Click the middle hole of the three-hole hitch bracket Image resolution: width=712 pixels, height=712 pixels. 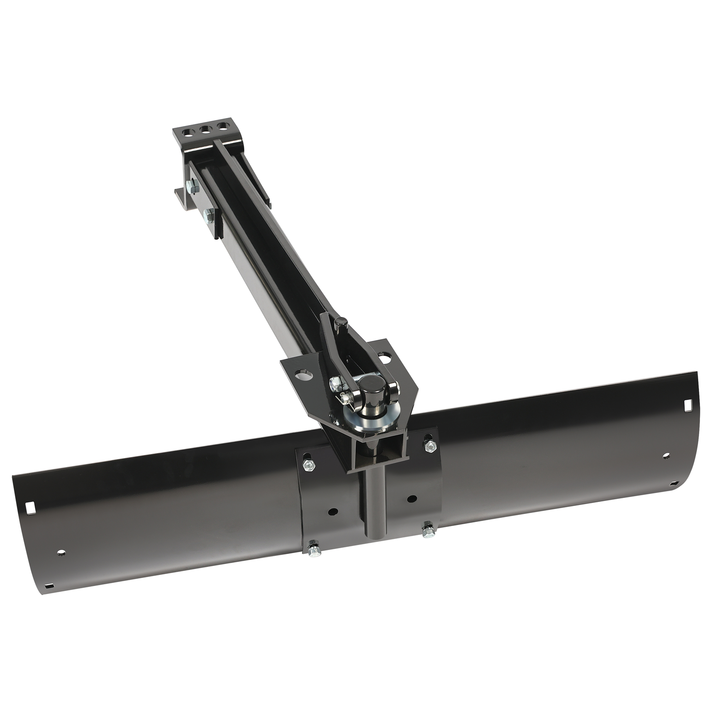205,130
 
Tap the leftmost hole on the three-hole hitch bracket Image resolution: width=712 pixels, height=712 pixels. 190,132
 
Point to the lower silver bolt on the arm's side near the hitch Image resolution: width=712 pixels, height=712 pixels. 208,217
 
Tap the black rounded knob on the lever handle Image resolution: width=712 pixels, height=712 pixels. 340,322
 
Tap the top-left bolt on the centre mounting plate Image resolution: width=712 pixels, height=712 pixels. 308,465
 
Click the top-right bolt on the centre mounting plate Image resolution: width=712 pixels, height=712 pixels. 429,445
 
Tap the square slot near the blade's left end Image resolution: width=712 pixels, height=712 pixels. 30,507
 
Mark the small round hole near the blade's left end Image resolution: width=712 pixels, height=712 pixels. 61,553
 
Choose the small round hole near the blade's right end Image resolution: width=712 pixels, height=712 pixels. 666,456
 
